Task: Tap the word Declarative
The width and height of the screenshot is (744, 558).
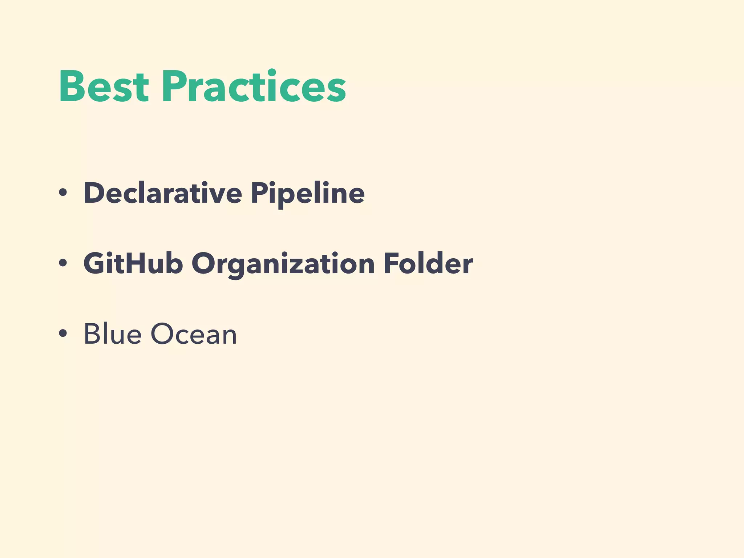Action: (x=162, y=193)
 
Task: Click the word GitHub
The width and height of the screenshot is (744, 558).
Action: (x=133, y=263)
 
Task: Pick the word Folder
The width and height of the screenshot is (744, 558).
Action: (x=428, y=263)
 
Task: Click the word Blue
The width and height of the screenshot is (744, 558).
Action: (x=112, y=334)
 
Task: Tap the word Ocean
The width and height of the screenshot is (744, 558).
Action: (x=194, y=334)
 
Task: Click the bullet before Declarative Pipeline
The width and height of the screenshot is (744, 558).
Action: (x=63, y=193)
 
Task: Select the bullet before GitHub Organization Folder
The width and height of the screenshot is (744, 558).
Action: (x=63, y=263)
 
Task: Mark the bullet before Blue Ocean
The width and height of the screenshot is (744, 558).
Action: (x=63, y=333)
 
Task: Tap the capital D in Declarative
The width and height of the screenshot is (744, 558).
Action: (x=94, y=193)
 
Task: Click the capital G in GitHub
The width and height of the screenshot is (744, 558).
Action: (x=94, y=263)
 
